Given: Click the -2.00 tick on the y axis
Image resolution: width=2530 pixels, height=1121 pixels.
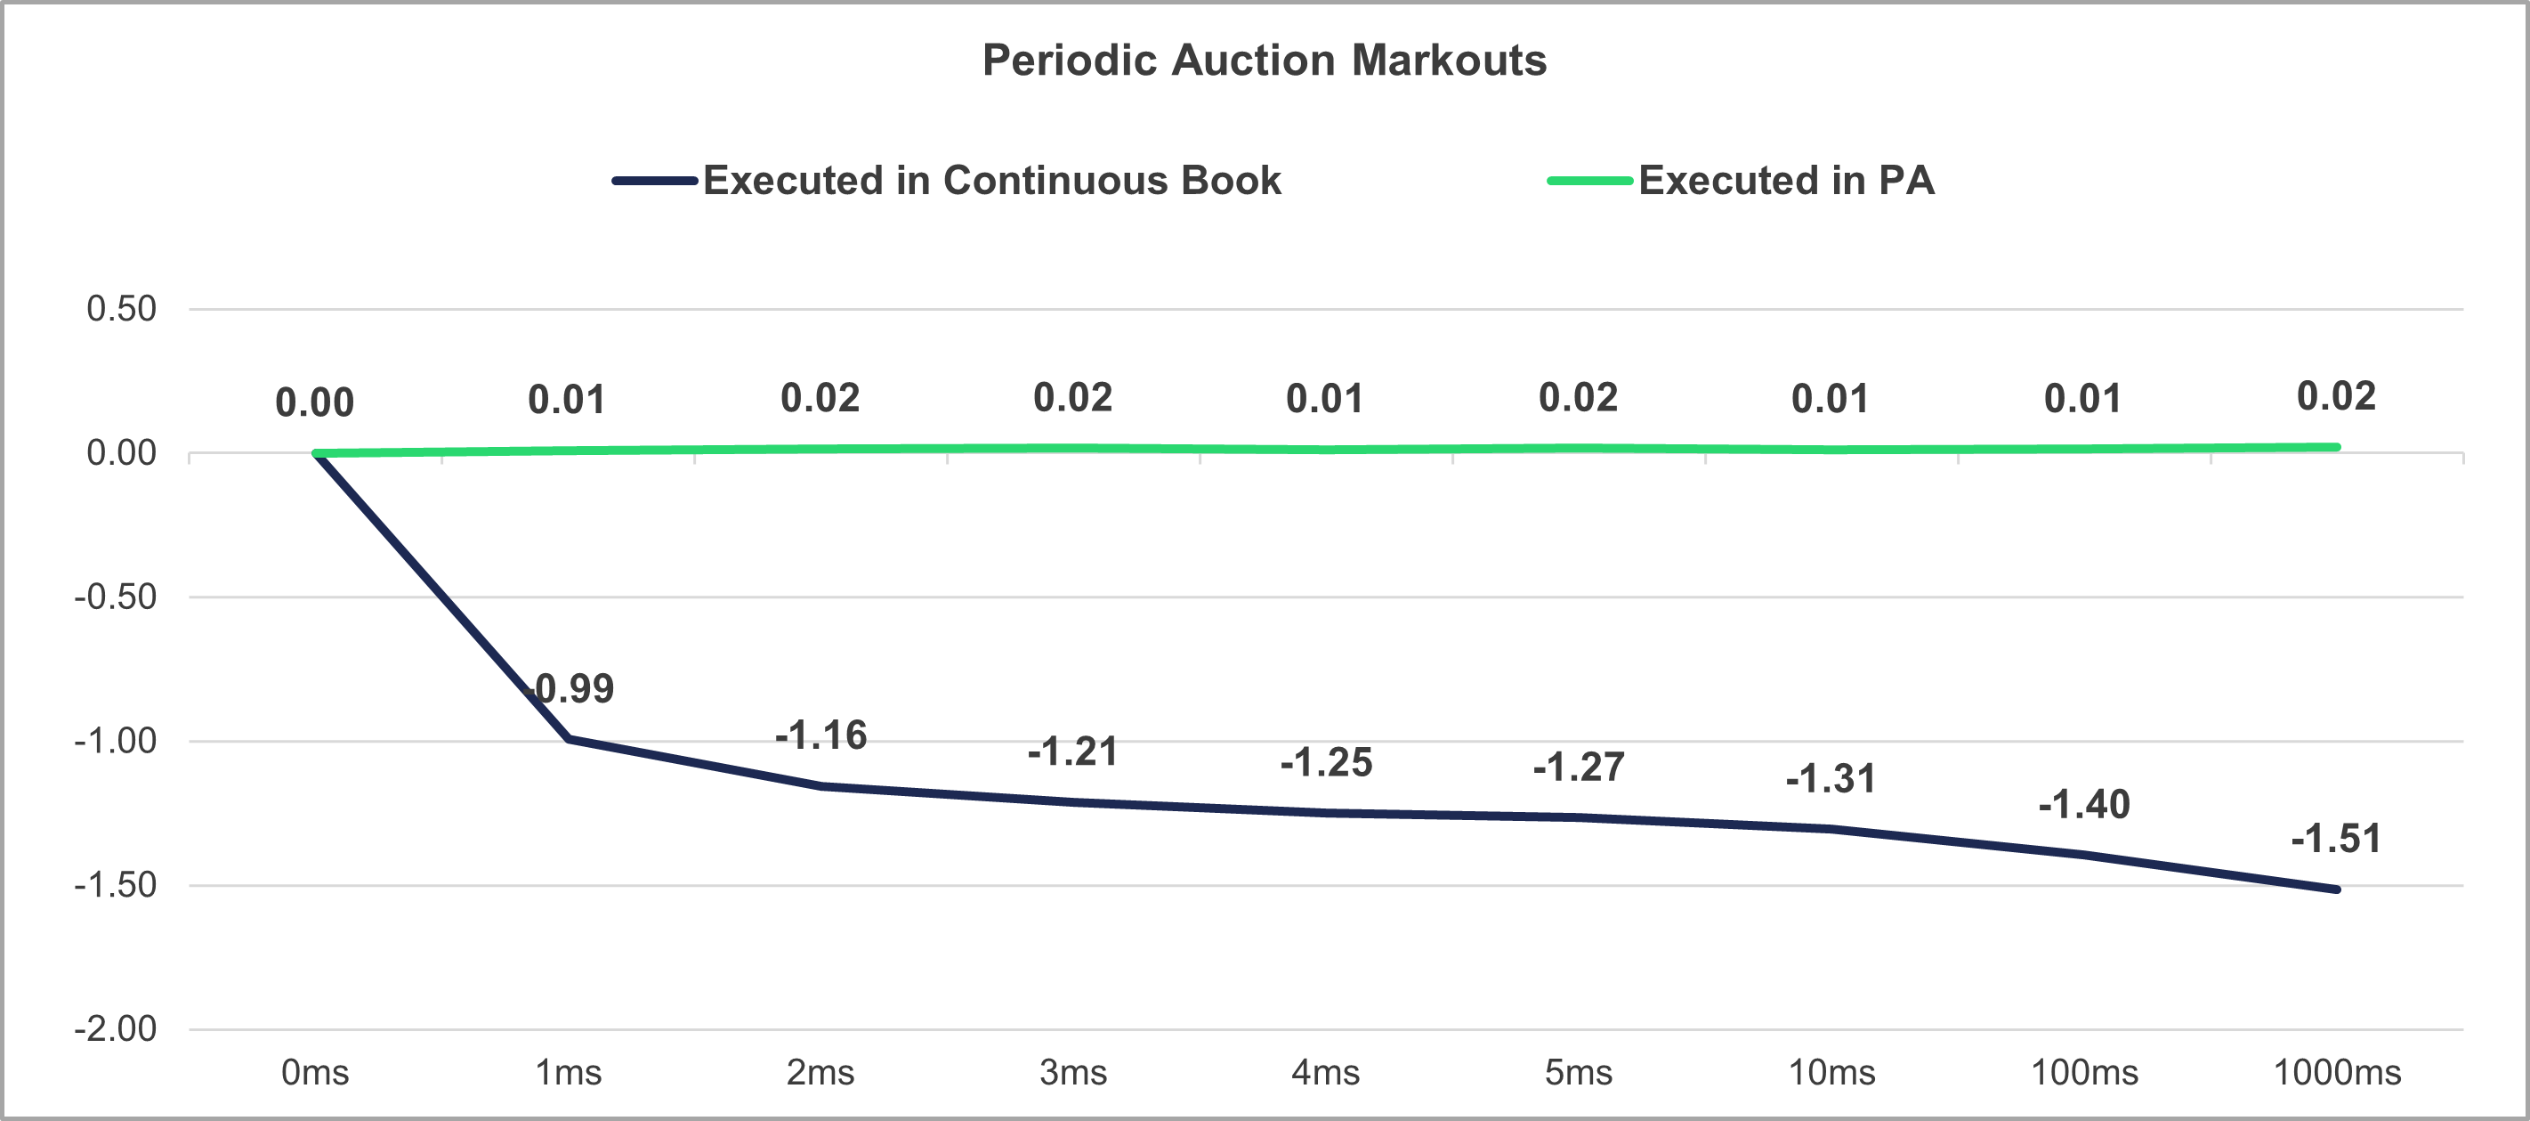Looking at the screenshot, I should pyautogui.click(x=115, y=1028).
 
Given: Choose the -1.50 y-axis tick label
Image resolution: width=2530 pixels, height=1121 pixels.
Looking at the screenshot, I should pyautogui.click(x=115, y=884).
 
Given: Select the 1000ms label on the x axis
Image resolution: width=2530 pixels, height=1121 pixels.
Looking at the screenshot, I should pyautogui.click(x=2337, y=1072).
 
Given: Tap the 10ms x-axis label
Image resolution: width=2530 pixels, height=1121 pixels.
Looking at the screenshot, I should pyautogui.click(x=1831, y=1072).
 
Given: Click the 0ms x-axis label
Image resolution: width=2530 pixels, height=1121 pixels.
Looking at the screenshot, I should pyautogui.click(x=314, y=1072).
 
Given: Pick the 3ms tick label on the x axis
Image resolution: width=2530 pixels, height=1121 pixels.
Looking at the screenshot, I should pyautogui.click(x=1072, y=1072).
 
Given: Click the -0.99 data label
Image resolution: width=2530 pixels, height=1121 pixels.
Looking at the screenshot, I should pyautogui.click(x=570, y=688).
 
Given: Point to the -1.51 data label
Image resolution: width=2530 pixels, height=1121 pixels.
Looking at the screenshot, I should pyautogui.click(x=2335, y=839).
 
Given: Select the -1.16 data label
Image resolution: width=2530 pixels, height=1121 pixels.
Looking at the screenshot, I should pyautogui.click(x=821, y=735).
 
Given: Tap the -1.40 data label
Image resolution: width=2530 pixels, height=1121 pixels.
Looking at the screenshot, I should pyautogui.click(x=2083, y=805).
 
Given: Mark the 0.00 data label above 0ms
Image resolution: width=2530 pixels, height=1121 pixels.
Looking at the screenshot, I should pyautogui.click(x=314, y=402).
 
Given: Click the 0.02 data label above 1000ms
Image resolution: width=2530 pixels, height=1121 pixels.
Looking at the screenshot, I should pyautogui.click(x=2335, y=396).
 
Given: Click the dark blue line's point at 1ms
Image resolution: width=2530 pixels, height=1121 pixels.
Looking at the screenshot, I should pyautogui.click(x=569, y=739).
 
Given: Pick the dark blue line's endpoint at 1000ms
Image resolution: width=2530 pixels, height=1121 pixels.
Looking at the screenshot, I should pyautogui.click(x=2337, y=889).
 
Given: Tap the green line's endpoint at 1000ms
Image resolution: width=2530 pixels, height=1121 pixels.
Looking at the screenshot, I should pyautogui.click(x=2337, y=447).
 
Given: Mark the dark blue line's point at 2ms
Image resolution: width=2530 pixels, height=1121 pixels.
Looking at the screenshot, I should pyautogui.click(x=821, y=786).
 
